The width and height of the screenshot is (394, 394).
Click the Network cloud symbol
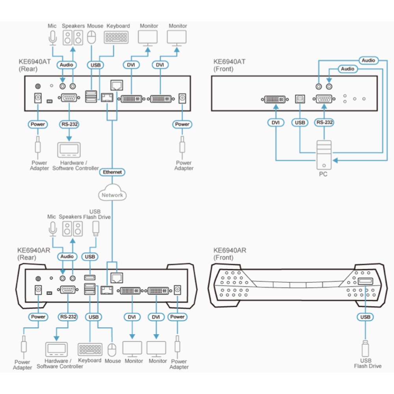point(112,193)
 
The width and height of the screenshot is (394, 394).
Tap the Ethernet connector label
point(112,172)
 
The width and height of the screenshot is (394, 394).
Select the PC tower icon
point(324,155)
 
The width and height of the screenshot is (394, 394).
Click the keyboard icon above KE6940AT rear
point(116,37)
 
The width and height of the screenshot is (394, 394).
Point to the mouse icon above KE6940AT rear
point(91,37)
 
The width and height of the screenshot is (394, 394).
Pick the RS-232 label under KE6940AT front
point(324,123)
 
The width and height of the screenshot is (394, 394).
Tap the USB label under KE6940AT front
point(300,123)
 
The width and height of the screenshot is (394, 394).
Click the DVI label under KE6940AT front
point(276,123)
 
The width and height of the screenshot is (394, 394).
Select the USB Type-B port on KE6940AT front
point(300,99)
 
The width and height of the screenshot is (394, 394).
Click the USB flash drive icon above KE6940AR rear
point(96,229)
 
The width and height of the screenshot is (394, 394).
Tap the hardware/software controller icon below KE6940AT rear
point(69,150)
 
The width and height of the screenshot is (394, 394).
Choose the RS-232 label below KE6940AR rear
point(68,317)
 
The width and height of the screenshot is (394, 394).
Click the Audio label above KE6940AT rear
point(67,65)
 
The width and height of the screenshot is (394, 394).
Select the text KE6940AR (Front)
point(230,254)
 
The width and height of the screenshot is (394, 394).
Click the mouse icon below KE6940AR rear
point(112,350)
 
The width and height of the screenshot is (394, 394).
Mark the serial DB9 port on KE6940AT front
point(324,99)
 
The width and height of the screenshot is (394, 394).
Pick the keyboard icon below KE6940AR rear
point(90,349)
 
